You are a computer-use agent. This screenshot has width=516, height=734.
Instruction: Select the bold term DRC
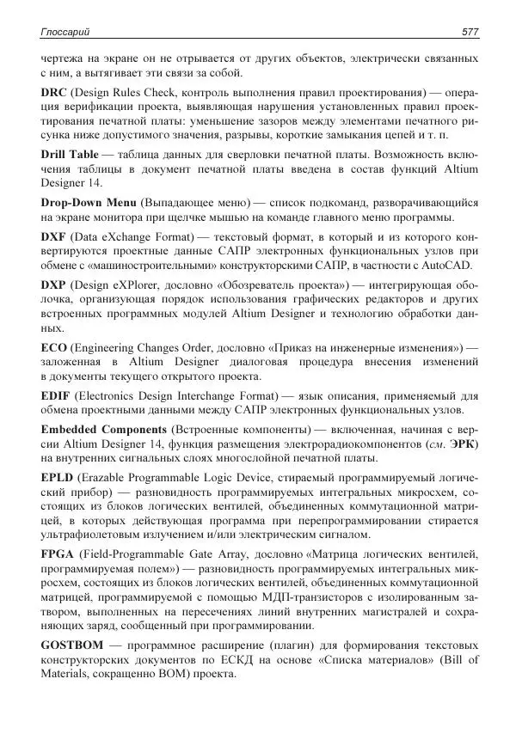[x=54, y=91]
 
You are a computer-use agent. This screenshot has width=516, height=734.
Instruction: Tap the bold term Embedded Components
[x=104, y=428]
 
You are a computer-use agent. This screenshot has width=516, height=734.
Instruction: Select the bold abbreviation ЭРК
[x=462, y=443]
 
